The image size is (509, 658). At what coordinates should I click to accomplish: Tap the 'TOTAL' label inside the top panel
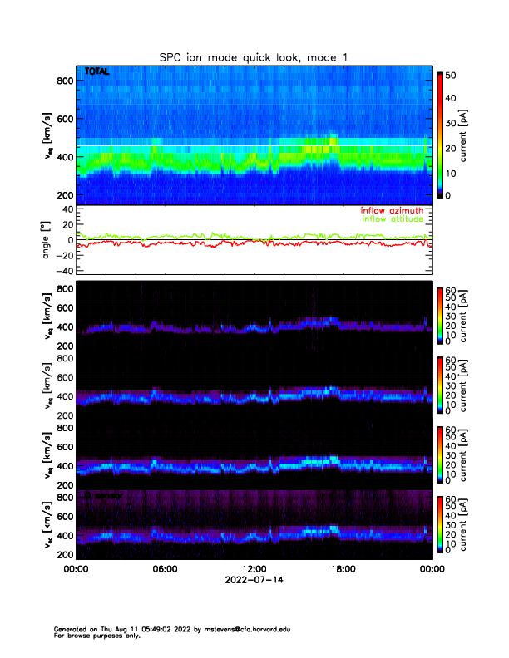coord(97,72)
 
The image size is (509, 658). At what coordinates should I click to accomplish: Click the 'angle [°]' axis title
coord(47,241)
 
